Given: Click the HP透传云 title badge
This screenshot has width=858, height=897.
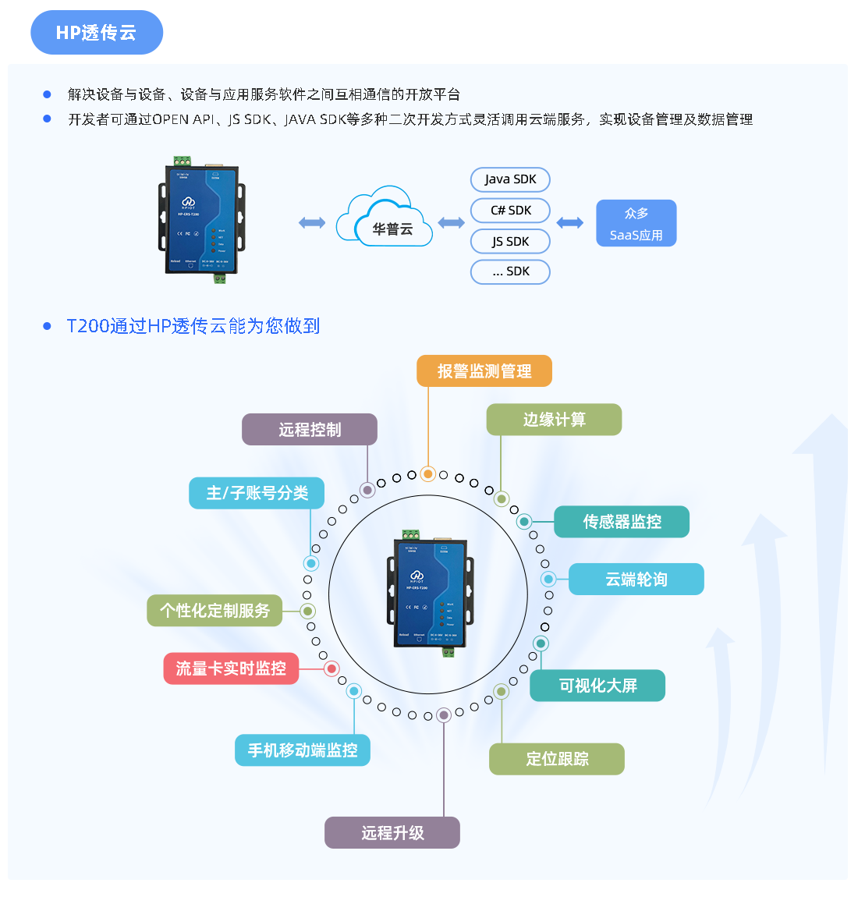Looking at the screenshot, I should click(x=97, y=33).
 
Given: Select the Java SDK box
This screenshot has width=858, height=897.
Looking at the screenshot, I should click(x=510, y=179).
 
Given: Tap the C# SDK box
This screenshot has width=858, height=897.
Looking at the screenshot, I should click(x=510, y=211).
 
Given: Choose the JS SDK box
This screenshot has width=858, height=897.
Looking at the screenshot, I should click(x=510, y=242).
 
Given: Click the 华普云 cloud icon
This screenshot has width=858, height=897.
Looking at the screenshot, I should click(x=385, y=218).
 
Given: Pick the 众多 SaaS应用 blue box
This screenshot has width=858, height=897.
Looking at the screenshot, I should click(x=636, y=224).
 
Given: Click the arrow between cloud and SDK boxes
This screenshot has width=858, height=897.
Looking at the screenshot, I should click(x=451, y=223).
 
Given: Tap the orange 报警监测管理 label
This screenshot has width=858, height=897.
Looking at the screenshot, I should click(x=484, y=371).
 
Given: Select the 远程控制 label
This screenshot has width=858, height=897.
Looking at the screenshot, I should click(x=310, y=430).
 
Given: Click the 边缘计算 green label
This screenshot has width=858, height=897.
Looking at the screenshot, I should click(x=554, y=420).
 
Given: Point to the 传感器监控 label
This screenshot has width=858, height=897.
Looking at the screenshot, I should click(x=622, y=522).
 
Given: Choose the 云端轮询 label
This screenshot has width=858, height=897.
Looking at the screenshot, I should click(x=636, y=580).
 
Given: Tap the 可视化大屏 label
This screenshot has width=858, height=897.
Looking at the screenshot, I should click(x=597, y=686).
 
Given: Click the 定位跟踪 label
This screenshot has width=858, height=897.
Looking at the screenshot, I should click(x=557, y=759).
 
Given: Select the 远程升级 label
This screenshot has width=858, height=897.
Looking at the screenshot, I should click(x=392, y=833).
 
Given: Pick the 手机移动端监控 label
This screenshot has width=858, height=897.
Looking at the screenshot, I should click(x=303, y=750).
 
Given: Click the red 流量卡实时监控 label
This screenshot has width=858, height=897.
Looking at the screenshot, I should click(x=231, y=668).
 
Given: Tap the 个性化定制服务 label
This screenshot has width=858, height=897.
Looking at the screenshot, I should click(x=214, y=610).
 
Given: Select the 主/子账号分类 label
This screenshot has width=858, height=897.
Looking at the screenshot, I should click(x=257, y=493).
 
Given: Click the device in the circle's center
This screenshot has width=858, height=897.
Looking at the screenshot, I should click(x=430, y=593).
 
